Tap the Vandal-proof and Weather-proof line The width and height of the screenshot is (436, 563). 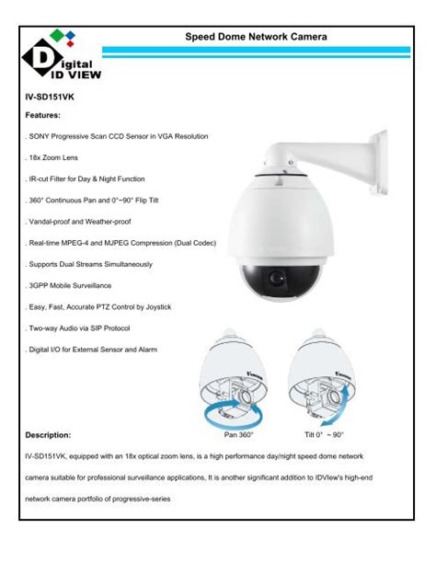pos(82,223)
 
